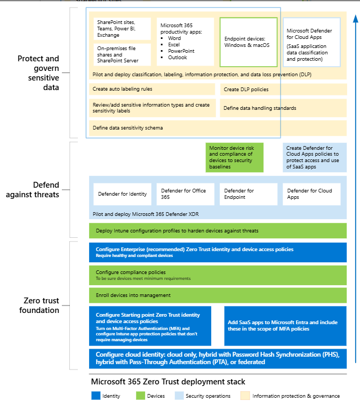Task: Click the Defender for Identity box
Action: click(x=122, y=194)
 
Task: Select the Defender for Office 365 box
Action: click(x=185, y=194)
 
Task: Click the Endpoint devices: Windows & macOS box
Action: click(x=249, y=42)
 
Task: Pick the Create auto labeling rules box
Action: click(x=152, y=90)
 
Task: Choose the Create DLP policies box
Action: click(x=283, y=90)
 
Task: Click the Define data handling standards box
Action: click(x=283, y=108)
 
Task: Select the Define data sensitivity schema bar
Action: click(x=218, y=128)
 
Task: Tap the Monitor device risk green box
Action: click(x=235, y=157)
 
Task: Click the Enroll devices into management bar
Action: click(x=218, y=295)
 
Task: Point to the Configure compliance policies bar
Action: click(x=218, y=275)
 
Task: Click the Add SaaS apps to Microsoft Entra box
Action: click(x=285, y=326)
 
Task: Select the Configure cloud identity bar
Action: click(x=218, y=358)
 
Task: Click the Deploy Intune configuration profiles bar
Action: click(x=218, y=231)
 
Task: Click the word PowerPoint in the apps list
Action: click(x=181, y=51)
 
